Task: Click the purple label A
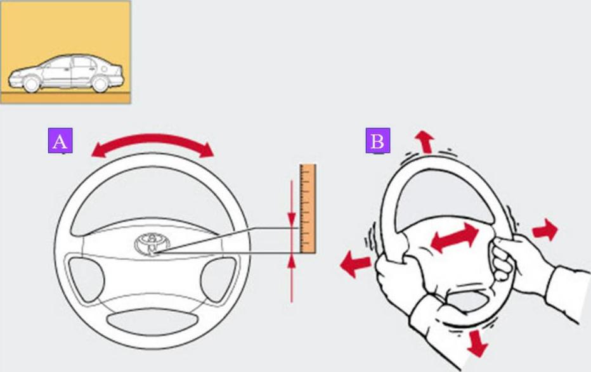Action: point(60,141)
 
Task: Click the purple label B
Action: point(377,141)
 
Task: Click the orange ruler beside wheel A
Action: point(308,208)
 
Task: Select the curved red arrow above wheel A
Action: point(152,143)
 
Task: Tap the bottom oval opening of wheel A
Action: point(152,319)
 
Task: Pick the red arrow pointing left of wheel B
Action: point(355,263)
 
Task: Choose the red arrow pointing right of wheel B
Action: point(545,231)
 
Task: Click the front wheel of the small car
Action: point(31,84)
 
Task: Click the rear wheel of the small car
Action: point(100,84)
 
